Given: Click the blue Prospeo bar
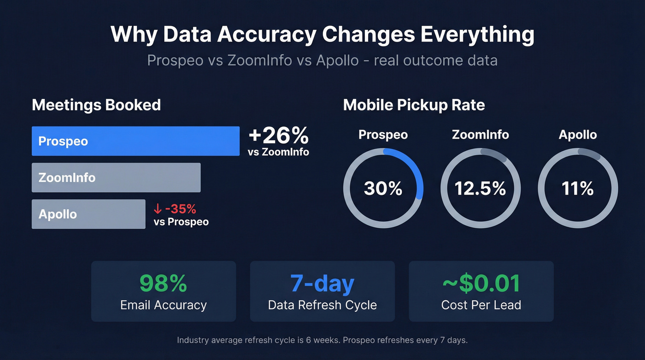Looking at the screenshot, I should point(135,141).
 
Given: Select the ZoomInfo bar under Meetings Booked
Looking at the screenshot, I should point(116,177).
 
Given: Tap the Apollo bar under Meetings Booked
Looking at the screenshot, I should point(88,214).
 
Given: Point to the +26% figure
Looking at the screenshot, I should point(278,136).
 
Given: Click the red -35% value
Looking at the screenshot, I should point(180,209).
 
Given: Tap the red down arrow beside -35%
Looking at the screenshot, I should point(158,209).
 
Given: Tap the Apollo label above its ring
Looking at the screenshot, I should point(577,135).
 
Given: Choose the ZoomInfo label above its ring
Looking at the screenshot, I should point(480,135).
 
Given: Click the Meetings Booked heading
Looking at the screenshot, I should point(96,105).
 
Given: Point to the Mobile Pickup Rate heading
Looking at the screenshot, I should point(414,105).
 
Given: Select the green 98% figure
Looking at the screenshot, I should point(163,283).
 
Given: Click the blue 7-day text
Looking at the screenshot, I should point(322,283).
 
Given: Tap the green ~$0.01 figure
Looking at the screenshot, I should point(481,283).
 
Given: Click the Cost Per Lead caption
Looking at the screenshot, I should point(481,305).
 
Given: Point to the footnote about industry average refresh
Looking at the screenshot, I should point(322,340).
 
